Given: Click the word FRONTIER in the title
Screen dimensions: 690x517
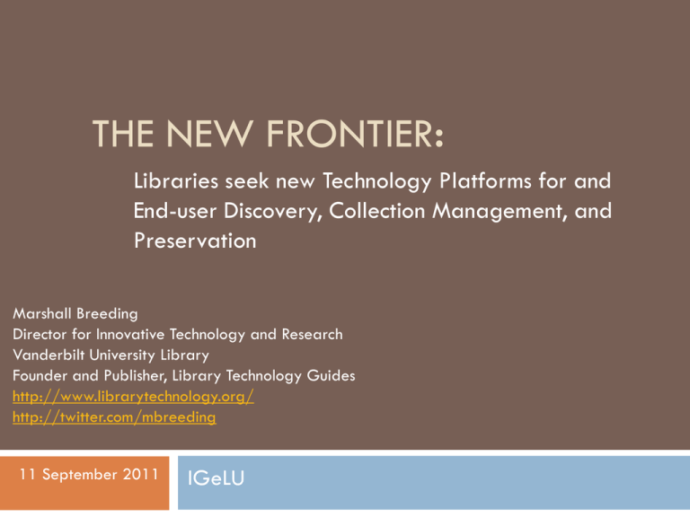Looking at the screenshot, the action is tap(354, 134).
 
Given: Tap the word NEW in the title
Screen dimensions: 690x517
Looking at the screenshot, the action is tap(209, 134).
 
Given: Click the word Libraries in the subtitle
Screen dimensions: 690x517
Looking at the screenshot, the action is tap(176, 181).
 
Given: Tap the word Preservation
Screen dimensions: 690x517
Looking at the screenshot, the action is tap(195, 241).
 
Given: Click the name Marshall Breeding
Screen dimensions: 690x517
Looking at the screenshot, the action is tap(75, 314).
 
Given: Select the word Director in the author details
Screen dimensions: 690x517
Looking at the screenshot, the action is tap(40, 335).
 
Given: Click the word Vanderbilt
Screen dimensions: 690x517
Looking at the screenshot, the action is tap(49, 355).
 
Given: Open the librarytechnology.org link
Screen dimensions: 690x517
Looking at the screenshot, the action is tap(133, 397).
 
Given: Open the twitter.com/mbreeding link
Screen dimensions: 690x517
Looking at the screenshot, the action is tap(114, 417).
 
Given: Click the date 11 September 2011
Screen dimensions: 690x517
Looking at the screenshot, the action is tap(89, 474).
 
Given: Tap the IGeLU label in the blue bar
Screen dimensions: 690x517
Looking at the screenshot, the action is tap(216, 478).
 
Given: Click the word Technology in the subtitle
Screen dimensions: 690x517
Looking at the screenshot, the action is tap(377, 182).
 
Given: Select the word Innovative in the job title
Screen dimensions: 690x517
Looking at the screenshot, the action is tap(130, 335).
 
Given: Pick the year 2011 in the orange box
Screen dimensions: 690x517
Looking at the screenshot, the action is tap(140, 474).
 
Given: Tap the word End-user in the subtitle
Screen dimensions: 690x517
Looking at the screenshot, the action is tap(175, 211).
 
